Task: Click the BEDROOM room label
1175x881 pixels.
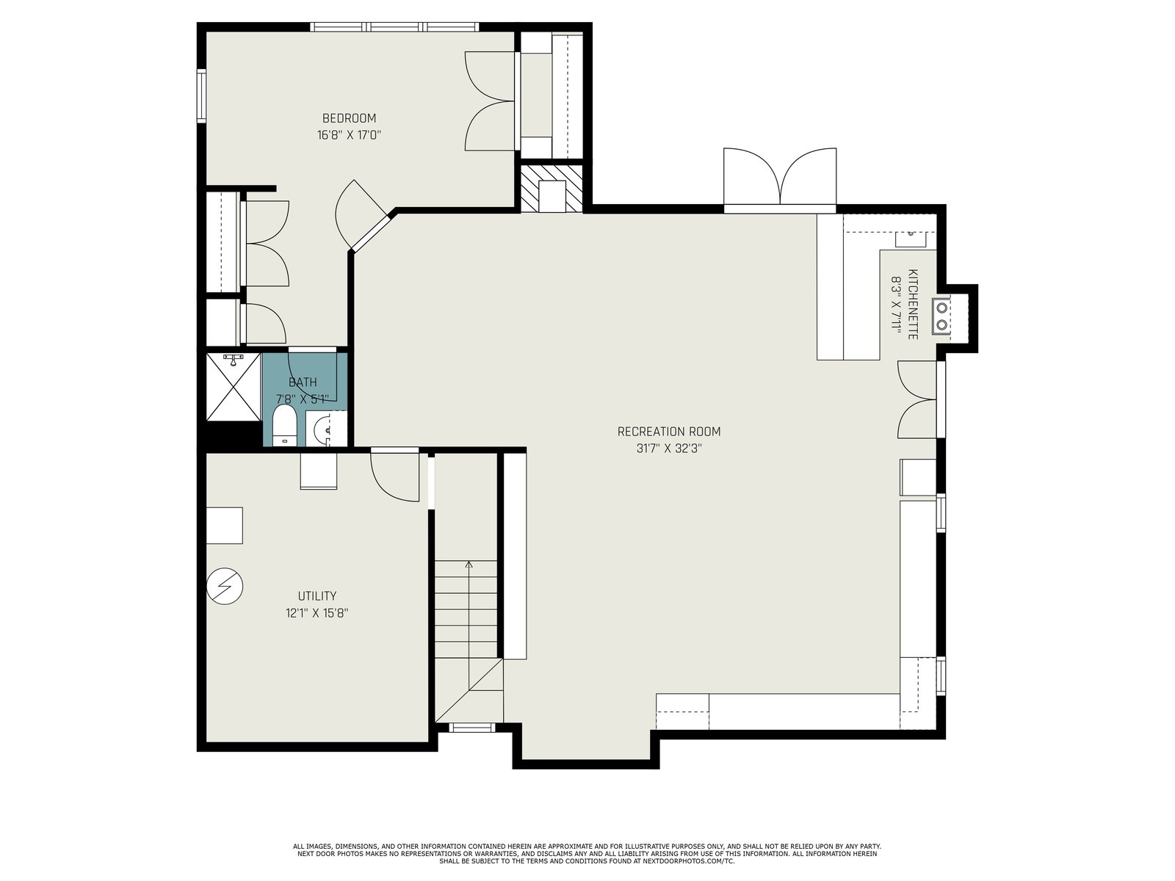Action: click(x=349, y=117)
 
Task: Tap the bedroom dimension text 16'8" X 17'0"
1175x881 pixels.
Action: click(x=349, y=135)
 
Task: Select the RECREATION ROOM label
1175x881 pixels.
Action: click(x=668, y=431)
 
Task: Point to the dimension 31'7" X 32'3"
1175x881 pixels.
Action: click(x=668, y=449)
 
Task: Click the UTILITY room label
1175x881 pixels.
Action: click(x=317, y=596)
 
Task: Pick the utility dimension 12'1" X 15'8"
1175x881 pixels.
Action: click(x=317, y=613)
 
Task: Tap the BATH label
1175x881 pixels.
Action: click(x=303, y=382)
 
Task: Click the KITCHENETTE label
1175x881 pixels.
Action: click(x=913, y=304)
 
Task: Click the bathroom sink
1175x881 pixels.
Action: click(x=325, y=429)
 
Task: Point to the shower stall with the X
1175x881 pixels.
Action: click(x=233, y=387)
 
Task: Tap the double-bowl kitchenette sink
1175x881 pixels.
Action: click(x=941, y=316)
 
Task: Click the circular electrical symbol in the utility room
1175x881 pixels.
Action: click(x=225, y=587)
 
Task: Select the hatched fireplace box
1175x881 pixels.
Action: click(x=552, y=188)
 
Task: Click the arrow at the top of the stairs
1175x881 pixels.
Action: click(x=469, y=565)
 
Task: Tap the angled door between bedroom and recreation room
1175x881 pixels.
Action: click(x=361, y=214)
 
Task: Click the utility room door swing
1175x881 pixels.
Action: click(x=394, y=477)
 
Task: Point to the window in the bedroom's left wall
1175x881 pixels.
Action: click(x=201, y=96)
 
